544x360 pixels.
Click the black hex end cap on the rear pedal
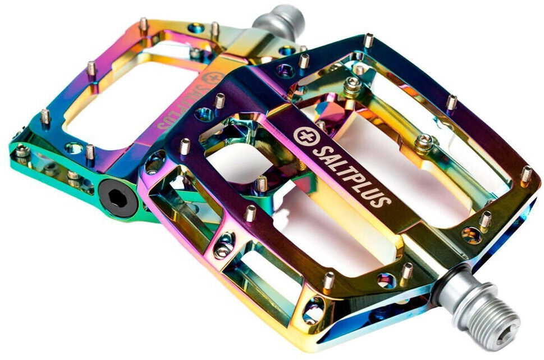[118, 198]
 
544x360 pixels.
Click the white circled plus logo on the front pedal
[303, 136]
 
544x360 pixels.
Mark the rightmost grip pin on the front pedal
[526, 175]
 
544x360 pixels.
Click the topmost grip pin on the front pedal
[368, 40]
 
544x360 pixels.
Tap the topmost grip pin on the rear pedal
[143, 24]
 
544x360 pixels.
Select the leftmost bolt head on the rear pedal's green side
[22, 151]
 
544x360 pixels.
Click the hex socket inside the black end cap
[118, 198]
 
